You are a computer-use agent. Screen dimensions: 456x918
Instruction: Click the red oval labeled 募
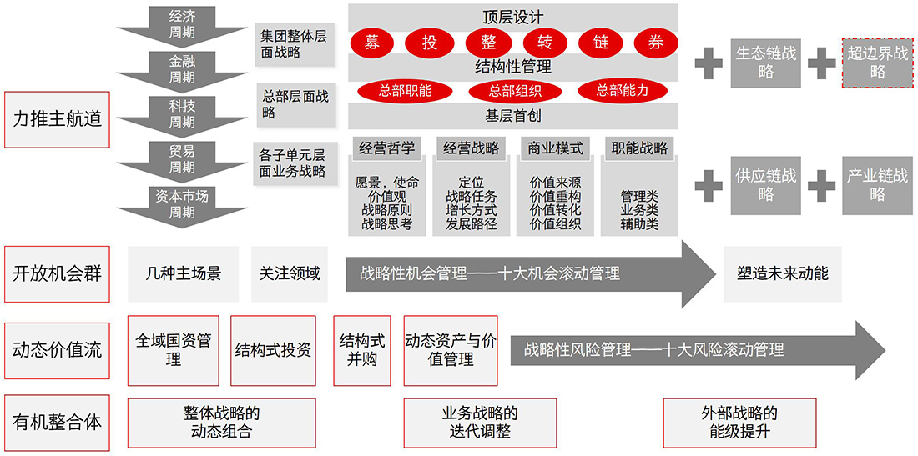(x=371, y=43)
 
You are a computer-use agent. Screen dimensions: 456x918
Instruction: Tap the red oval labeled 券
(x=656, y=43)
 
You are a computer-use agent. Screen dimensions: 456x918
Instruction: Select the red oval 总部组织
(x=514, y=90)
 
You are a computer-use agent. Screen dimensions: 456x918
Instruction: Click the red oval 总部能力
(x=623, y=90)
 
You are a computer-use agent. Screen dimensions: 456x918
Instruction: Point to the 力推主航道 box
(x=57, y=119)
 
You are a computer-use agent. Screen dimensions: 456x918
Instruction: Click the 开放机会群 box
(x=57, y=273)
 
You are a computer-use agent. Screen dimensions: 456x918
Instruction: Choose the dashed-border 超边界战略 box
(x=877, y=63)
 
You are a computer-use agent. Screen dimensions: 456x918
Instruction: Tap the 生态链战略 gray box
(x=766, y=63)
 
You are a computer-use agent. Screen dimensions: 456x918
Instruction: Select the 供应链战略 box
(x=766, y=185)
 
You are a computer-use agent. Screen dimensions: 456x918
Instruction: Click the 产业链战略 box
(x=877, y=185)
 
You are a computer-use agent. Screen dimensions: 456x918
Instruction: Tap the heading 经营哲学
(x=386, y=148)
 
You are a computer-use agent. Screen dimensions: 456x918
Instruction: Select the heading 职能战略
(x=639, y=148)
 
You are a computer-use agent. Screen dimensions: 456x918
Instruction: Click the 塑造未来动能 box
(x=783, y=273)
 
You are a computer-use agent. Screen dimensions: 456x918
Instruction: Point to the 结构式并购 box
(x=362, y=350)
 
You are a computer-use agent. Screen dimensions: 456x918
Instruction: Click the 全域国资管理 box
(x=174, y=350)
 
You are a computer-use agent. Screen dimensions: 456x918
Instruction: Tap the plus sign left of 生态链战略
(x=709, y=63)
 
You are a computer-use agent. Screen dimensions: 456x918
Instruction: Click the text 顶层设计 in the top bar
(x=512, y=18)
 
